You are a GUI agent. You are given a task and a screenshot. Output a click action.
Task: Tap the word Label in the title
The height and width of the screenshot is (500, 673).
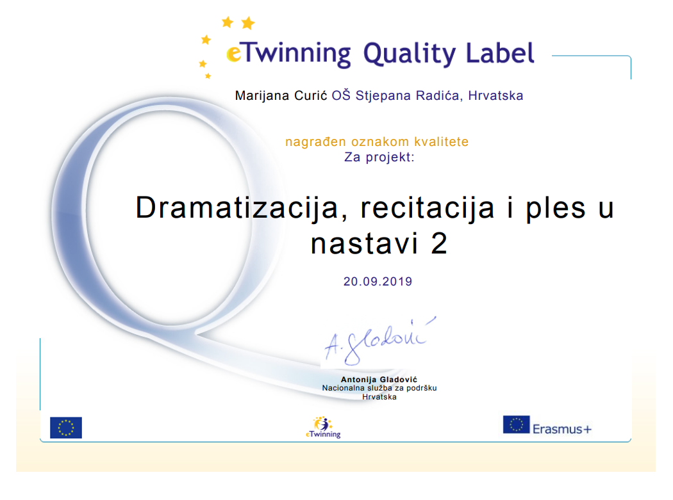(500, 52)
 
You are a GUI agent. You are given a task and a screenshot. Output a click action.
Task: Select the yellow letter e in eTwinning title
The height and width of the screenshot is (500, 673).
(233, 54)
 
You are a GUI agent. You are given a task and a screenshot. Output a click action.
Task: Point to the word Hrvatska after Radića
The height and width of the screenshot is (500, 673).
(495, 95)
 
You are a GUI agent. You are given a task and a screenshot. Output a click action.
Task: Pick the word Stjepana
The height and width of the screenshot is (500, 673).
(383, 95)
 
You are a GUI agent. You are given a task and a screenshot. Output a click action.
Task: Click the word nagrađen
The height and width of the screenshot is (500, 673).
(315, 141)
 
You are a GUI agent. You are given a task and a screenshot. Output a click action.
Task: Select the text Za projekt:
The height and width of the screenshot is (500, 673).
(379, 157)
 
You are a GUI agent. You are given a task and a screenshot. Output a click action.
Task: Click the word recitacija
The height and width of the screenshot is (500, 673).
(428, 208)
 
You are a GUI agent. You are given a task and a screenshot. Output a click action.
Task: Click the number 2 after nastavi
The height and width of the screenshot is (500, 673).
(438, 243)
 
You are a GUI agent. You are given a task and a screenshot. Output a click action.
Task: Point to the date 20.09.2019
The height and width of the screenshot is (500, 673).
(378, 281)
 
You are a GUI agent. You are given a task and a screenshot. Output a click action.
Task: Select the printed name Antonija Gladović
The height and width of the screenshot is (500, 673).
(379, 380)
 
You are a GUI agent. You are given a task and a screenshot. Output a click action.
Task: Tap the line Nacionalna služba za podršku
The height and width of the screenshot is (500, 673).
(379, 388)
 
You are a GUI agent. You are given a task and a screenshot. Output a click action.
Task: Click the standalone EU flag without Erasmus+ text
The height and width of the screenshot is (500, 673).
(65, 428)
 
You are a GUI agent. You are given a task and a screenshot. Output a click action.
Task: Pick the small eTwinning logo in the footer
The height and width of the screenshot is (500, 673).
(323, 427)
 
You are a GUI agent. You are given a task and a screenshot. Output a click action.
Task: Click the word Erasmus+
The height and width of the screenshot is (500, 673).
(562, 429)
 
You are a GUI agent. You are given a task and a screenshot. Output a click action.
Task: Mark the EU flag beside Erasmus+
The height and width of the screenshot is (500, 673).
(517, 424)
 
